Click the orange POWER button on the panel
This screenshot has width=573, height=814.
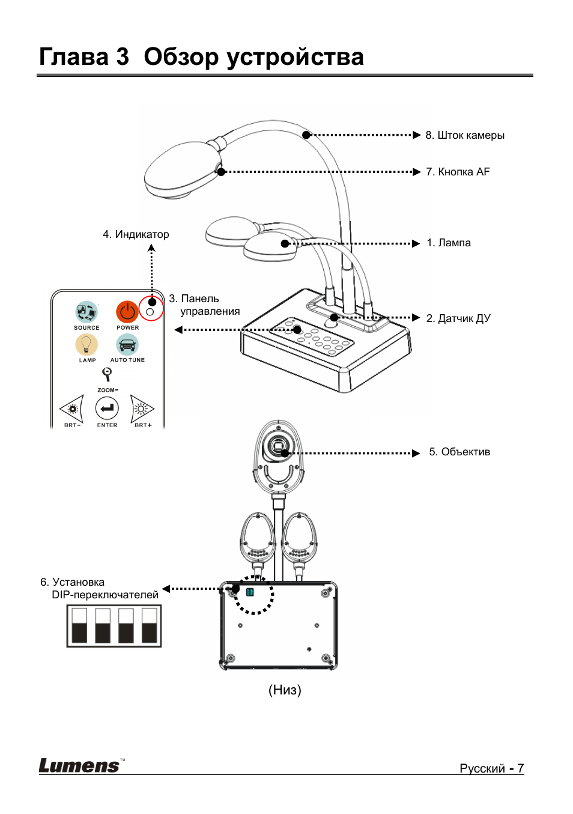coord(127,312)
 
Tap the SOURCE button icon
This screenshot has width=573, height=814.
coord(86,312)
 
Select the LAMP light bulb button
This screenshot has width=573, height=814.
coord(86,344)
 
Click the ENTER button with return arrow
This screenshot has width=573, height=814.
coord(107,409)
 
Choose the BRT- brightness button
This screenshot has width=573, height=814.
coord(72,409)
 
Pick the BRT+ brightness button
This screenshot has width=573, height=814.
coord(142,409)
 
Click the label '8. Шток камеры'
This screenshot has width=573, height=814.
coord(465,135)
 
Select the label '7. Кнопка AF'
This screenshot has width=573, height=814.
coord(458,172)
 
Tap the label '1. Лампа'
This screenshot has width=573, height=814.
coord(449,243)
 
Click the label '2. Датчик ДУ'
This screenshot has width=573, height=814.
coord(458,318)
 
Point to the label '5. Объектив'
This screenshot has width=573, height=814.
coord(459,452)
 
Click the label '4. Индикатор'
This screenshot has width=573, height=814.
coord(136,234)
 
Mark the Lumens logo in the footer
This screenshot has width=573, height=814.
coord(79,765)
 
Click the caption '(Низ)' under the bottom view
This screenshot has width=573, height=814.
coord(285,690)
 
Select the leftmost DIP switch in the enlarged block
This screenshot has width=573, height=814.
coord(79,625)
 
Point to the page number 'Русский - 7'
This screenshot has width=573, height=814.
coord(491,768)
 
